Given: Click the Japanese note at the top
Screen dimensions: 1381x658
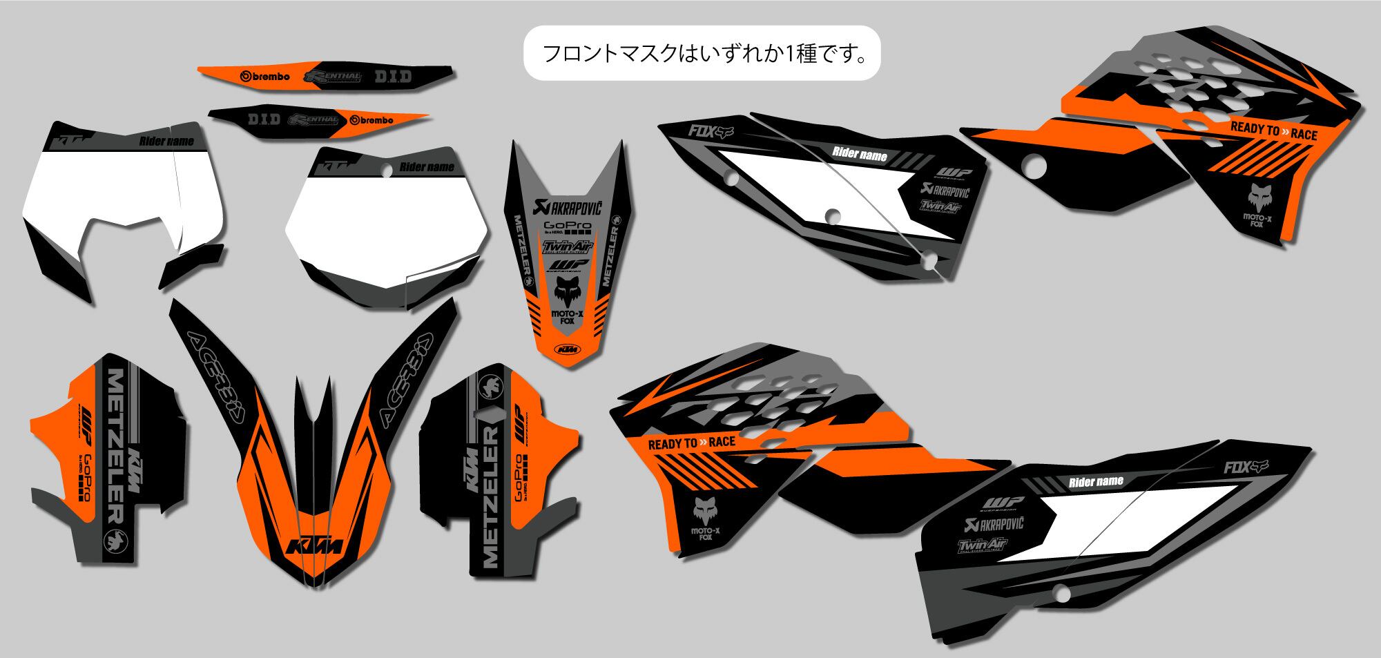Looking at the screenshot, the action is tap(703, 54).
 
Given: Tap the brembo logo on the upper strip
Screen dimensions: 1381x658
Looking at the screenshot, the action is tap(264, 77).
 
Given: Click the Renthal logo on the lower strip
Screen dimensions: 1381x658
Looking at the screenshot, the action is tap(314, 119).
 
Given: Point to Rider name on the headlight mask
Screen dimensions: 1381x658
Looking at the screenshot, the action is tap(166, 142).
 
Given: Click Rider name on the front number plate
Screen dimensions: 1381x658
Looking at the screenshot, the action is tap(426, 167).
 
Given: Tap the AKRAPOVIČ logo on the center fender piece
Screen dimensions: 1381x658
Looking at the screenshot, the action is tap(568, 205).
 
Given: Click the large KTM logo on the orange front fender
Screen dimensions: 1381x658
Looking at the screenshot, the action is tap(314, 545).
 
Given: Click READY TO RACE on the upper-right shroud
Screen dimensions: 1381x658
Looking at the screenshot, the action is tap(1273, 131).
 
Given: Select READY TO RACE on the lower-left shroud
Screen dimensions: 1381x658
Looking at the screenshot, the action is tap(691, 443).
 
